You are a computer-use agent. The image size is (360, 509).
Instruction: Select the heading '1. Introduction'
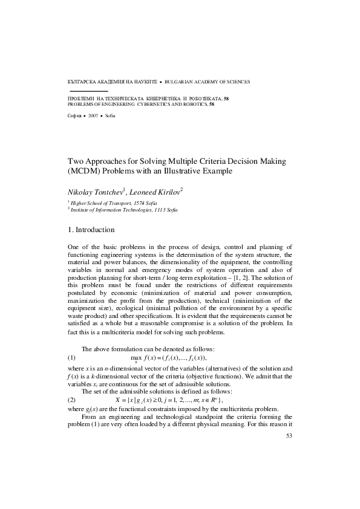coord(97,230)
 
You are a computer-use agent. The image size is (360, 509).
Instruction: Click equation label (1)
coord(71,358)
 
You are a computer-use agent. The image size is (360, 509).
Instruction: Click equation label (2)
coord(71,400)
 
